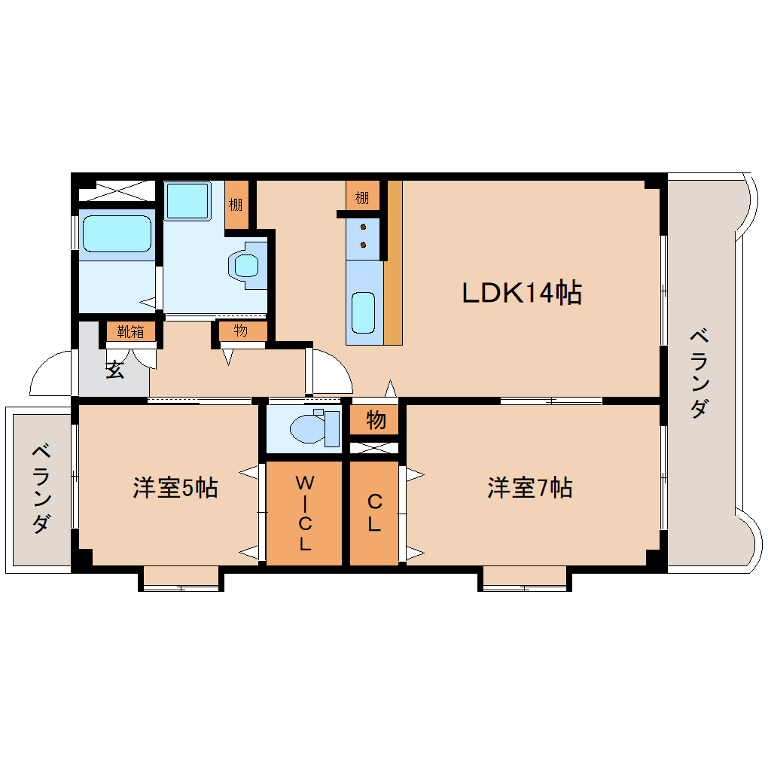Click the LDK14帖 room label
[x=521, y=292]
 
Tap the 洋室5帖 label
[x=175, y=488]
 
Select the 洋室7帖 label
[x=529, y=488]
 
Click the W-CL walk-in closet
[x=304, y=513]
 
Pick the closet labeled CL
[x=374, y=513]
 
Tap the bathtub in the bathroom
[x=117, y=233]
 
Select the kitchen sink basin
[x=364, y=312]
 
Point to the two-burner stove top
[x=364, y=235]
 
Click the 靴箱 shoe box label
[x=130, y=331]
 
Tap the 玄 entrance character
[x=114, y=370]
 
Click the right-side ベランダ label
[x=698, y=373]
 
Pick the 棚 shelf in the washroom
[x=236, y=205]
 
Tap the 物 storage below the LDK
[x=376, y=420]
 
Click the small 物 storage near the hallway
[x=240, y=331]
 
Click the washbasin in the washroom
[x=246, y=265]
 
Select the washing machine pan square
[x=188, y=200]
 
